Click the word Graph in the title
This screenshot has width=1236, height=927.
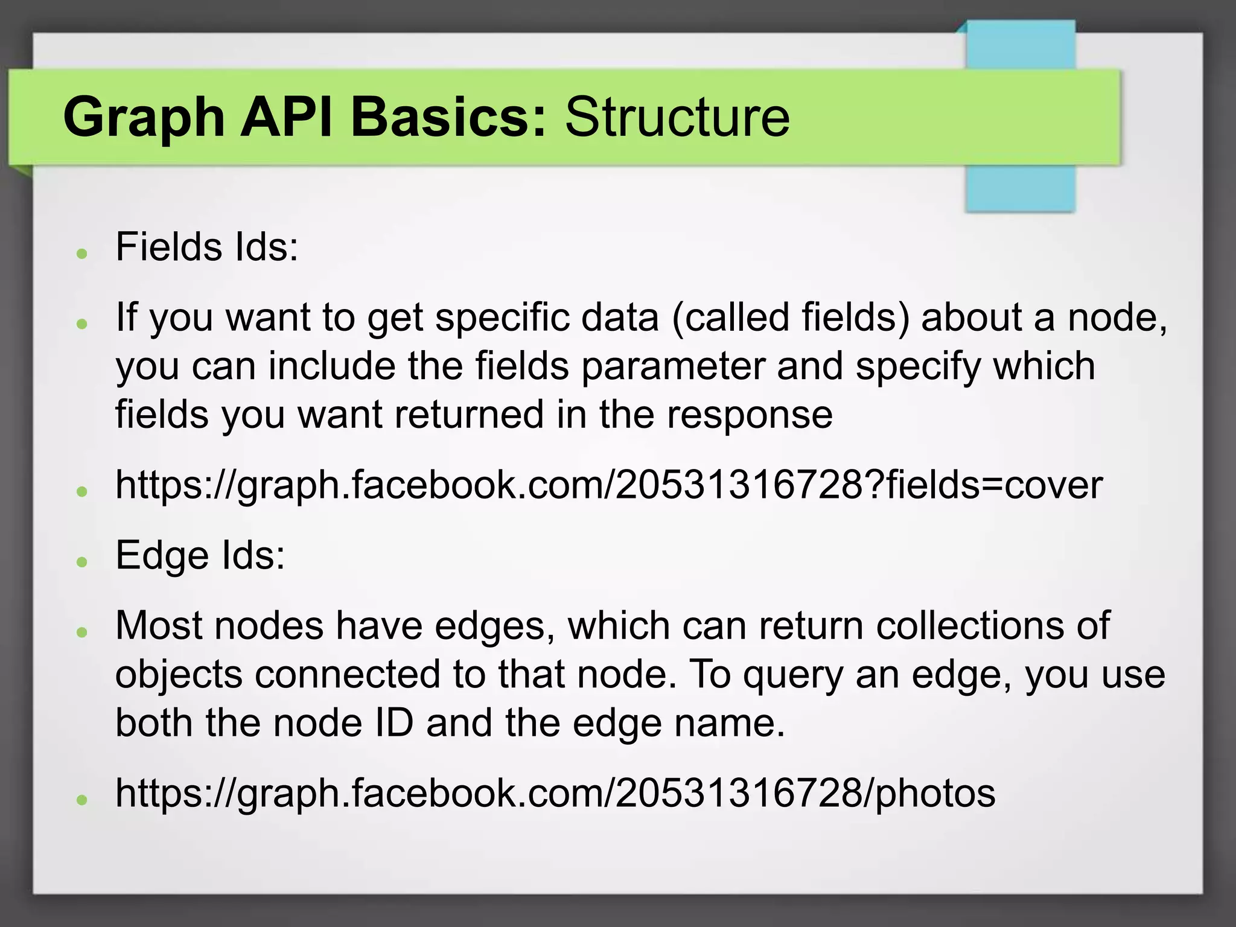click(144, 118)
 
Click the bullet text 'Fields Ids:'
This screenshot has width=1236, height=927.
click(207, 247)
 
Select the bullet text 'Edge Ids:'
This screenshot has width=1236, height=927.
click(200, 555)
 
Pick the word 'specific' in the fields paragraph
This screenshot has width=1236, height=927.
click(502, 317)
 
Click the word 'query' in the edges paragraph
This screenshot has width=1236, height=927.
click(792, 675)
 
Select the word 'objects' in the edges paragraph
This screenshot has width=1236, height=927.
click(179, 674)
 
